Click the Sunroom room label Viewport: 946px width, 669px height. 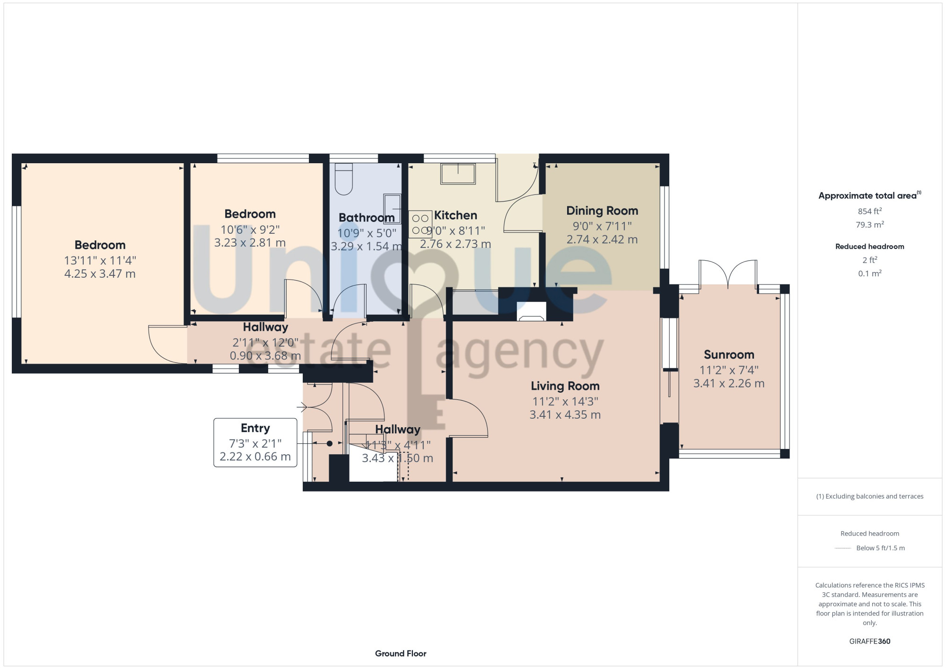[x=729, y=354]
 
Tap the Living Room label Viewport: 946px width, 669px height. [x=565, y=386]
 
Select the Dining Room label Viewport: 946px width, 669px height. [x=602, y=211]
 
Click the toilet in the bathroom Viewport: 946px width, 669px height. [x=344, y=179]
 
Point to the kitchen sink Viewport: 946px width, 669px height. [x=458, y=174]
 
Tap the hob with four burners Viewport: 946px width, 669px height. [x=420, y=224]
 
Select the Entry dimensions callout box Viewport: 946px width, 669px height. [x=255, y=442]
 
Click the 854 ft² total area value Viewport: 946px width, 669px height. [x=870, y=211]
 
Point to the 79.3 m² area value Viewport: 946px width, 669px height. [x=870, y=224]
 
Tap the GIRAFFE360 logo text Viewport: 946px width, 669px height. [x=870, y=642]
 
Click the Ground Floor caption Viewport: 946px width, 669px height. [x=401, y=653]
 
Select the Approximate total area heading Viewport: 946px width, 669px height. [x=870, y=195]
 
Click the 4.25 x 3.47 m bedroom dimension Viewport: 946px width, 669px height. [x=100, y=274]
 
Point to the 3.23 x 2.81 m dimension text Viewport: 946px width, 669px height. [x=250, y=243]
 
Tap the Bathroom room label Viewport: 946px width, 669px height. [x=367, y=218]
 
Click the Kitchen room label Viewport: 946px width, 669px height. [x=455, y=215]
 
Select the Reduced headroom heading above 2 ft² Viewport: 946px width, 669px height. [x=870, y=246]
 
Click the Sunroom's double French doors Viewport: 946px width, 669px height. [x=728, y=274]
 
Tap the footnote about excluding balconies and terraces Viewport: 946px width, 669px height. [x=870, y=496]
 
